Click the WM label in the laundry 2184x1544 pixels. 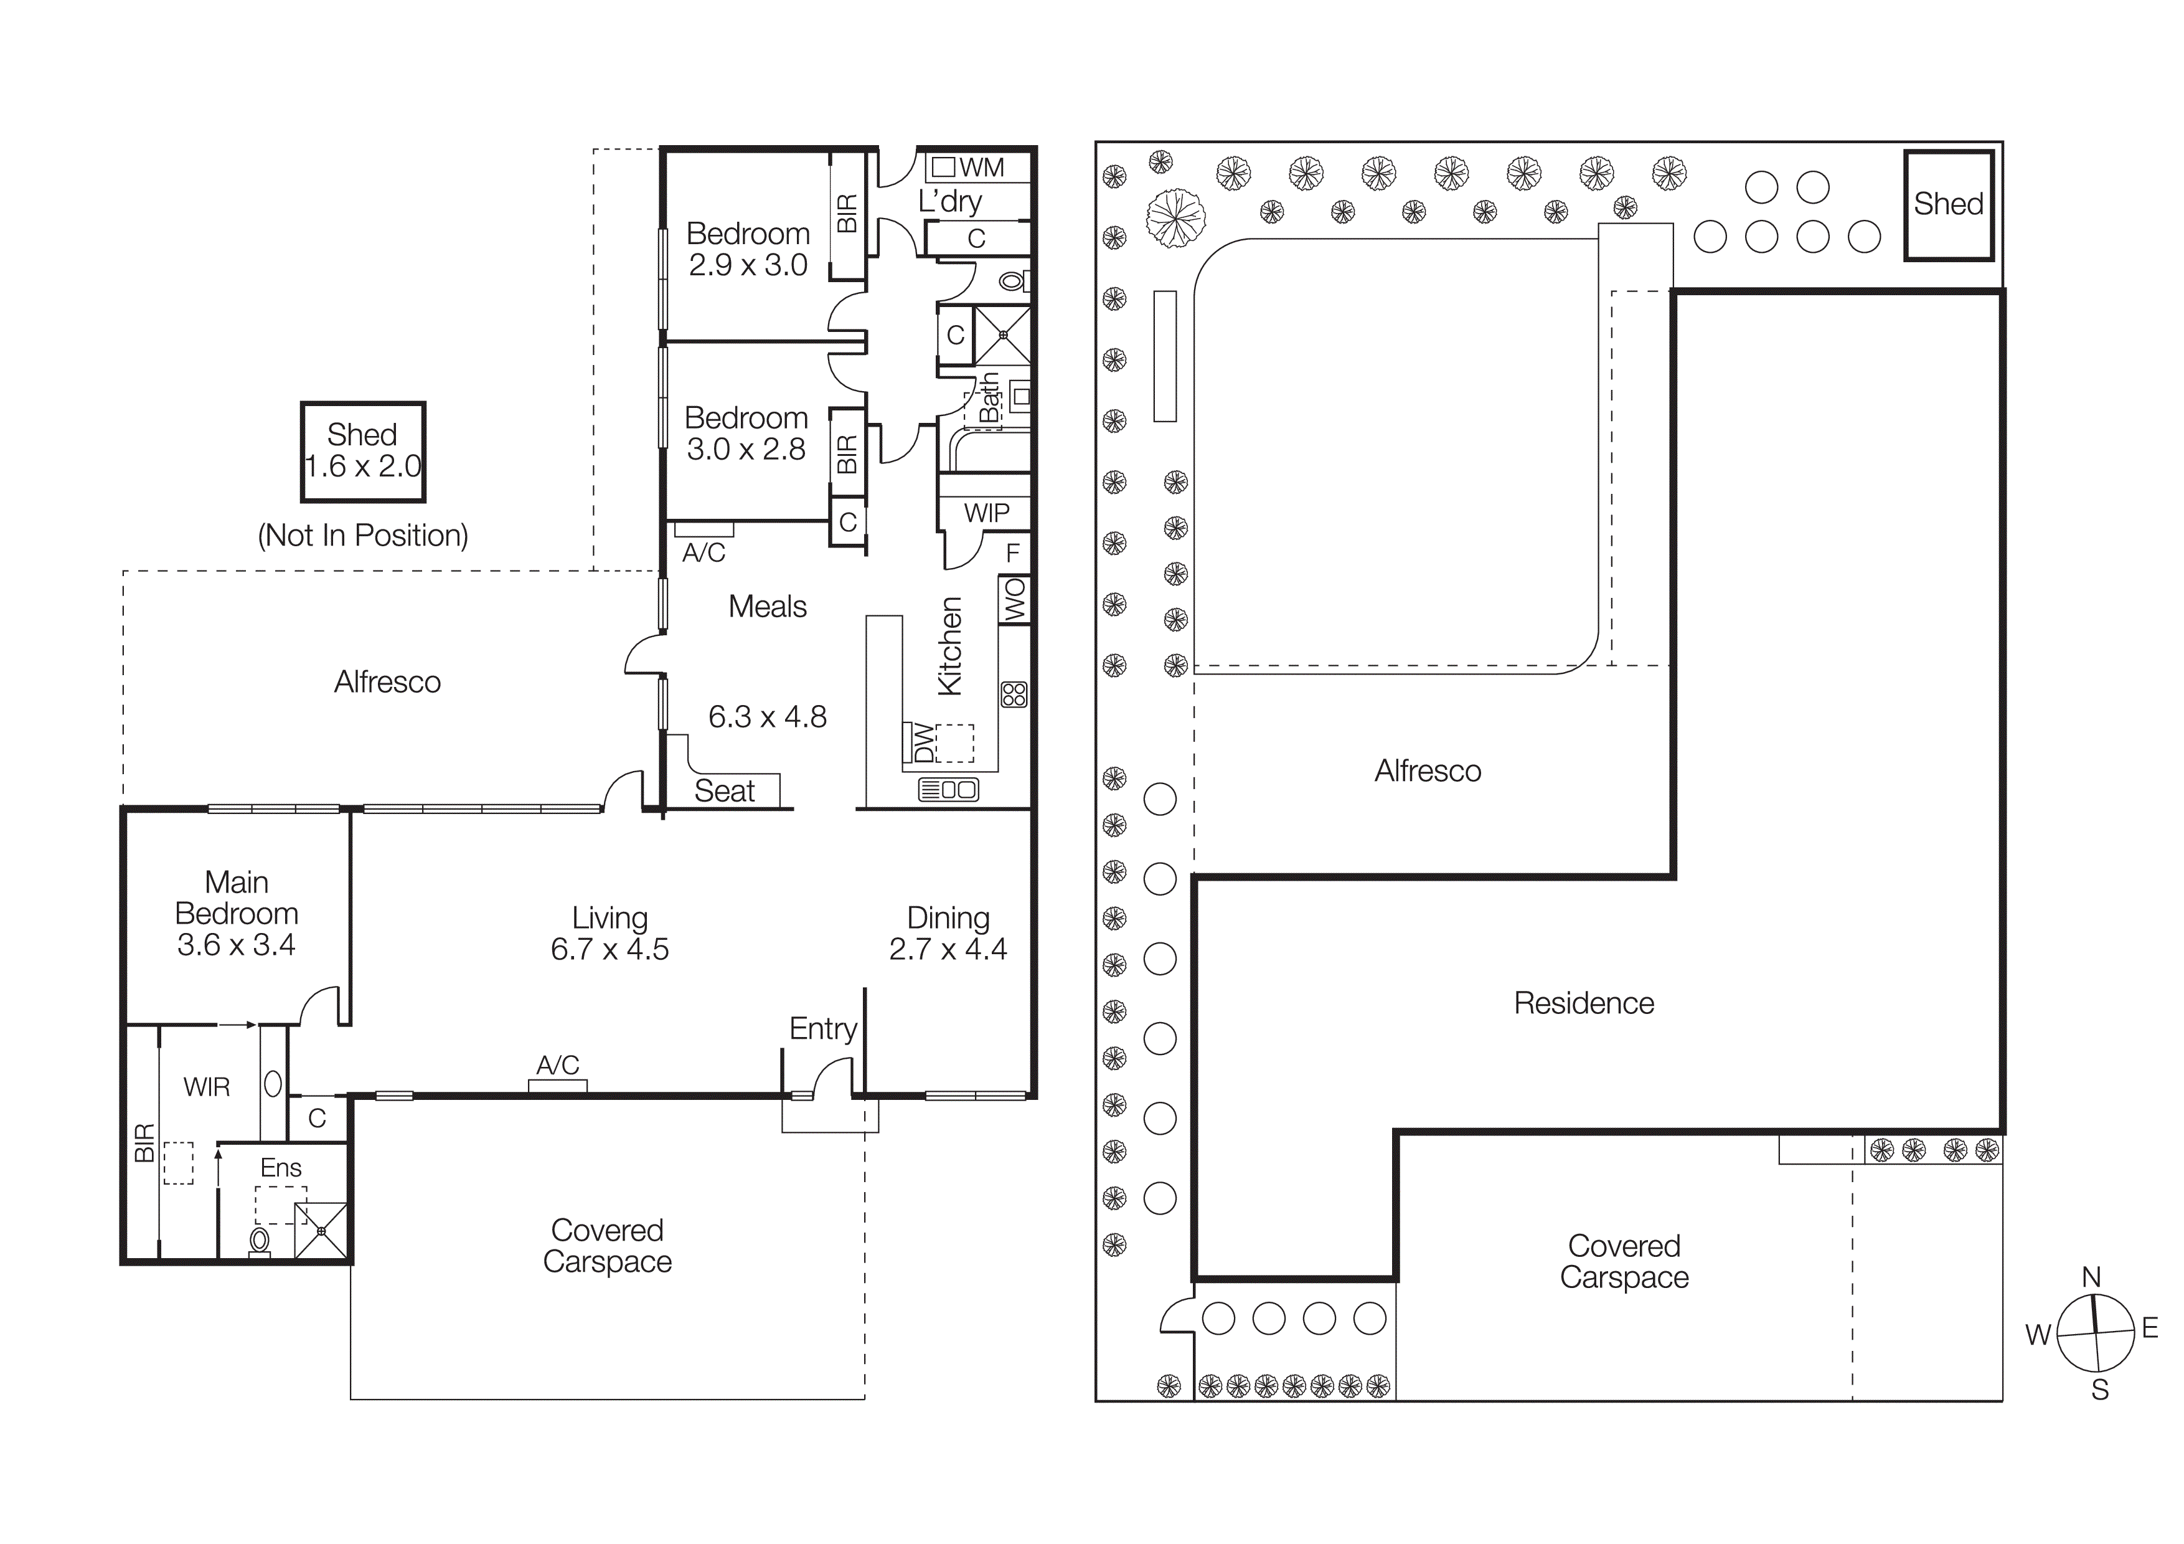982,168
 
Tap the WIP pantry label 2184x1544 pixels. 986,514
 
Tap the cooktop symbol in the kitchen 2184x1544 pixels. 1014,694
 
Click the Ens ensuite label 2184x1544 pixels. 281,1168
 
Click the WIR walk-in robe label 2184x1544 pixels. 207,1087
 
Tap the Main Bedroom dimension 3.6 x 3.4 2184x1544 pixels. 236,945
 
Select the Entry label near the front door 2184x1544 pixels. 823,1028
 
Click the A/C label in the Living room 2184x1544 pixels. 557,1066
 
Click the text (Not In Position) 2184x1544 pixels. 362,536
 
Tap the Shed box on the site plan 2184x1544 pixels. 1948,204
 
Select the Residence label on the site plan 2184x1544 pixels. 1584,1003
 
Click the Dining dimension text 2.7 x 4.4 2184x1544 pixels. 948,949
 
